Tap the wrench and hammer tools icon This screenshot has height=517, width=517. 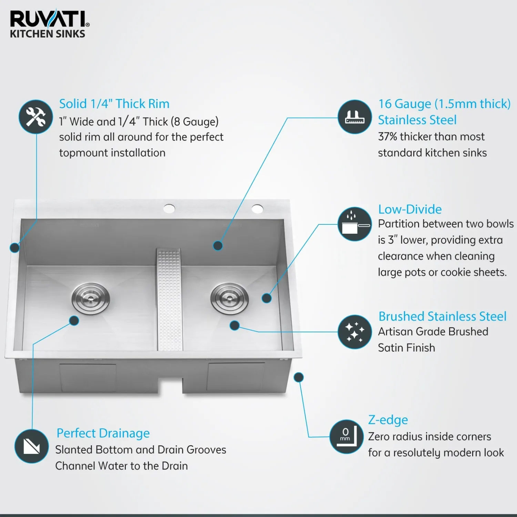click(36, 116)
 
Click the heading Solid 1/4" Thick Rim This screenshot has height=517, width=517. click(114, 104)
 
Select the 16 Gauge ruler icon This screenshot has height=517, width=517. click(355, 117)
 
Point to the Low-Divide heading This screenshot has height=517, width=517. click(410, 209)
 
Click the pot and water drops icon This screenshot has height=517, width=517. click(355, 224)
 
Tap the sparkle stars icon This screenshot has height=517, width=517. click(355, 332)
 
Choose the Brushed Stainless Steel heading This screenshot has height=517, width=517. click(443, 316)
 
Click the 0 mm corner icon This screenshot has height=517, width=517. click(346, 436)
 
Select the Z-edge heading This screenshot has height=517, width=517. click(388, 420)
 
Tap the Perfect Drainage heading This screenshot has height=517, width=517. click(103, 433)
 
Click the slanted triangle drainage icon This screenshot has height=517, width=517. click(32, 446)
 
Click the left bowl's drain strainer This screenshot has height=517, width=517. click(91, 298)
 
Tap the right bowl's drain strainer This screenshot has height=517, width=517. click(230, 298)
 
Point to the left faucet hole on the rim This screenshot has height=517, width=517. click(169, 209)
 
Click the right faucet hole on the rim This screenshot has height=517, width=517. click(257, 209)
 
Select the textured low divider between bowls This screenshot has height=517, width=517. click(169, 299)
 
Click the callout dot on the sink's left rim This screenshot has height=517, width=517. click(14, 247)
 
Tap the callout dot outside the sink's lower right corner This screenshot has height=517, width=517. click(298, 377)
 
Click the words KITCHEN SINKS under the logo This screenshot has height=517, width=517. click(48, 34)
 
